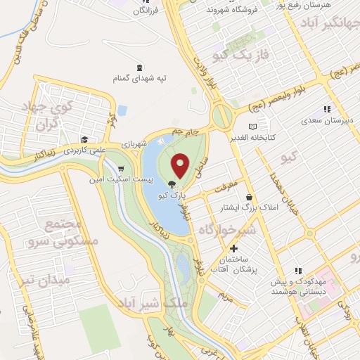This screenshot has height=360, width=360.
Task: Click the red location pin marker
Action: (x=181, y=165)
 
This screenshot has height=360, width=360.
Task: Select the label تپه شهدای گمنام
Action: (x=136, y=78)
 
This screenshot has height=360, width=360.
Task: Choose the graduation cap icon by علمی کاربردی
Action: (x=85, y=139)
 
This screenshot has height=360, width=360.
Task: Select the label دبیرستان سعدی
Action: (x=326, y=120)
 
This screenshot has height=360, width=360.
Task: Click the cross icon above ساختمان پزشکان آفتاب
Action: (x=234, y=248)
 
